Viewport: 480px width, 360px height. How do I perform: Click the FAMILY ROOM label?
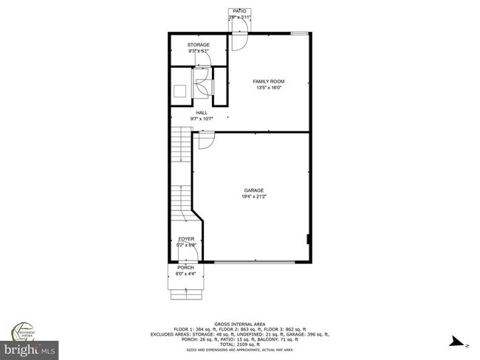[269, 81]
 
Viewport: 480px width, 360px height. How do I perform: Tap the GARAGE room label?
[253, 190]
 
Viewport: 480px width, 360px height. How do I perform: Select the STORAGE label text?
[199, 45]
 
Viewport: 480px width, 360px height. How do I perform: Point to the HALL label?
[201, 113]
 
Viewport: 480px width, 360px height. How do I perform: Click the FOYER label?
[186, 239]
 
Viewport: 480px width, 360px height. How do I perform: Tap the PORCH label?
[185, 267]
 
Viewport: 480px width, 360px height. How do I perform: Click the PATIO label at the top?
[239, 12]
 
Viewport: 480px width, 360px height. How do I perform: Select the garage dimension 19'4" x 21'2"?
[253, 197]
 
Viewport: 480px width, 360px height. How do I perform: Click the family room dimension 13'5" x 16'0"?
[269, 88]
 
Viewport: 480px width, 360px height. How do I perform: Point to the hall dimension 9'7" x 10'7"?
[201, 119]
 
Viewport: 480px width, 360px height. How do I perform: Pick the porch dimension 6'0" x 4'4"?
[185, 273]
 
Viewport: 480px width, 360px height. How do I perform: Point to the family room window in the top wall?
[299, 33]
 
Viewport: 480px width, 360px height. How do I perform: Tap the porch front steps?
[186, 295]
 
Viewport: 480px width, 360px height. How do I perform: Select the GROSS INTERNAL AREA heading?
[239, 324]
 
